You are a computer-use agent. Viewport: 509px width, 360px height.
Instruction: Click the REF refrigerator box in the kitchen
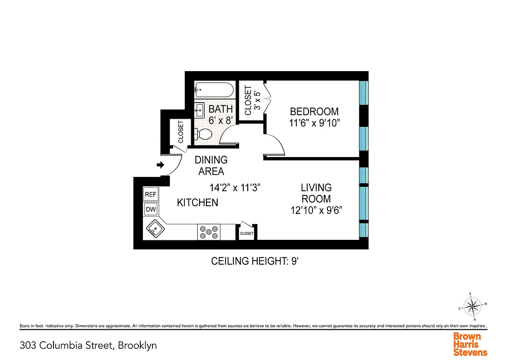click(150, 194)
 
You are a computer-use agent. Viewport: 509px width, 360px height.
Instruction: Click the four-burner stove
click(209, 232)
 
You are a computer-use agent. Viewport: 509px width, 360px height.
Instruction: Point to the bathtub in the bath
click(214, 90)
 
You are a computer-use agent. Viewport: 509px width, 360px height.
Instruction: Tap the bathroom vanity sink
click(200, 109)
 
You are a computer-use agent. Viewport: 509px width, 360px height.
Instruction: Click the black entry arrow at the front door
click(160, 165)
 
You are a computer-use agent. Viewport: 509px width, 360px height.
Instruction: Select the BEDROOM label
click(314, 112)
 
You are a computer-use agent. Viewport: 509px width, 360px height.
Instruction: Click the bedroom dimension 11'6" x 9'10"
click(314, 123)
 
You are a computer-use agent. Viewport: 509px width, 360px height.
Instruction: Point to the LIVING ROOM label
click(316, 193)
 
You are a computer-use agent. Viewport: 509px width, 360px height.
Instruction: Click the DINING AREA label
click(211, 165)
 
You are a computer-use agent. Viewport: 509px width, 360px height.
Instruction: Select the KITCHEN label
click(197, 202)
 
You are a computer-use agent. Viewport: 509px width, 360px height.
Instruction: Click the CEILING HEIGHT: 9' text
click(255, 261)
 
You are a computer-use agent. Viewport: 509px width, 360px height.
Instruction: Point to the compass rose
click(472, 307)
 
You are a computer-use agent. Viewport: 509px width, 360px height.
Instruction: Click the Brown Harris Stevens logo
click(470, 344)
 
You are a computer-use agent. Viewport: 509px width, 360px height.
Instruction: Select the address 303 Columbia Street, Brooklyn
click(88, 346)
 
